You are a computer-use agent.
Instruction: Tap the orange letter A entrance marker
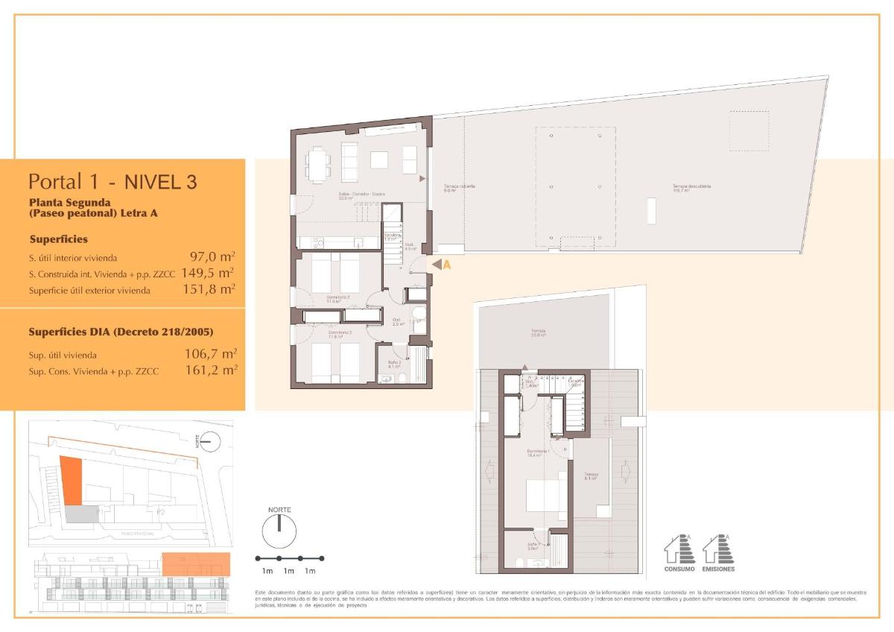click(x=447, y=264)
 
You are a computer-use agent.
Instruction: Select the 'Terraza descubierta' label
click(x=691, y=188)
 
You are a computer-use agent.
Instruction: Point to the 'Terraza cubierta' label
click(x=460, y=188)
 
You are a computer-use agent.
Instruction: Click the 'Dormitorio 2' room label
click(x=338, y=298)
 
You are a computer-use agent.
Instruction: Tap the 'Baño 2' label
click(x=394, y=364)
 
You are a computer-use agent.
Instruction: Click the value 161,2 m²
click(x=211, y=369)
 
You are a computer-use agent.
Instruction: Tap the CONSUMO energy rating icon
click(x=679, y=552)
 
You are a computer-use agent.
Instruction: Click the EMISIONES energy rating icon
click(x=718, y=552)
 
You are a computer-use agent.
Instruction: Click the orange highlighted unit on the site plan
click(x=71, y=480)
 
